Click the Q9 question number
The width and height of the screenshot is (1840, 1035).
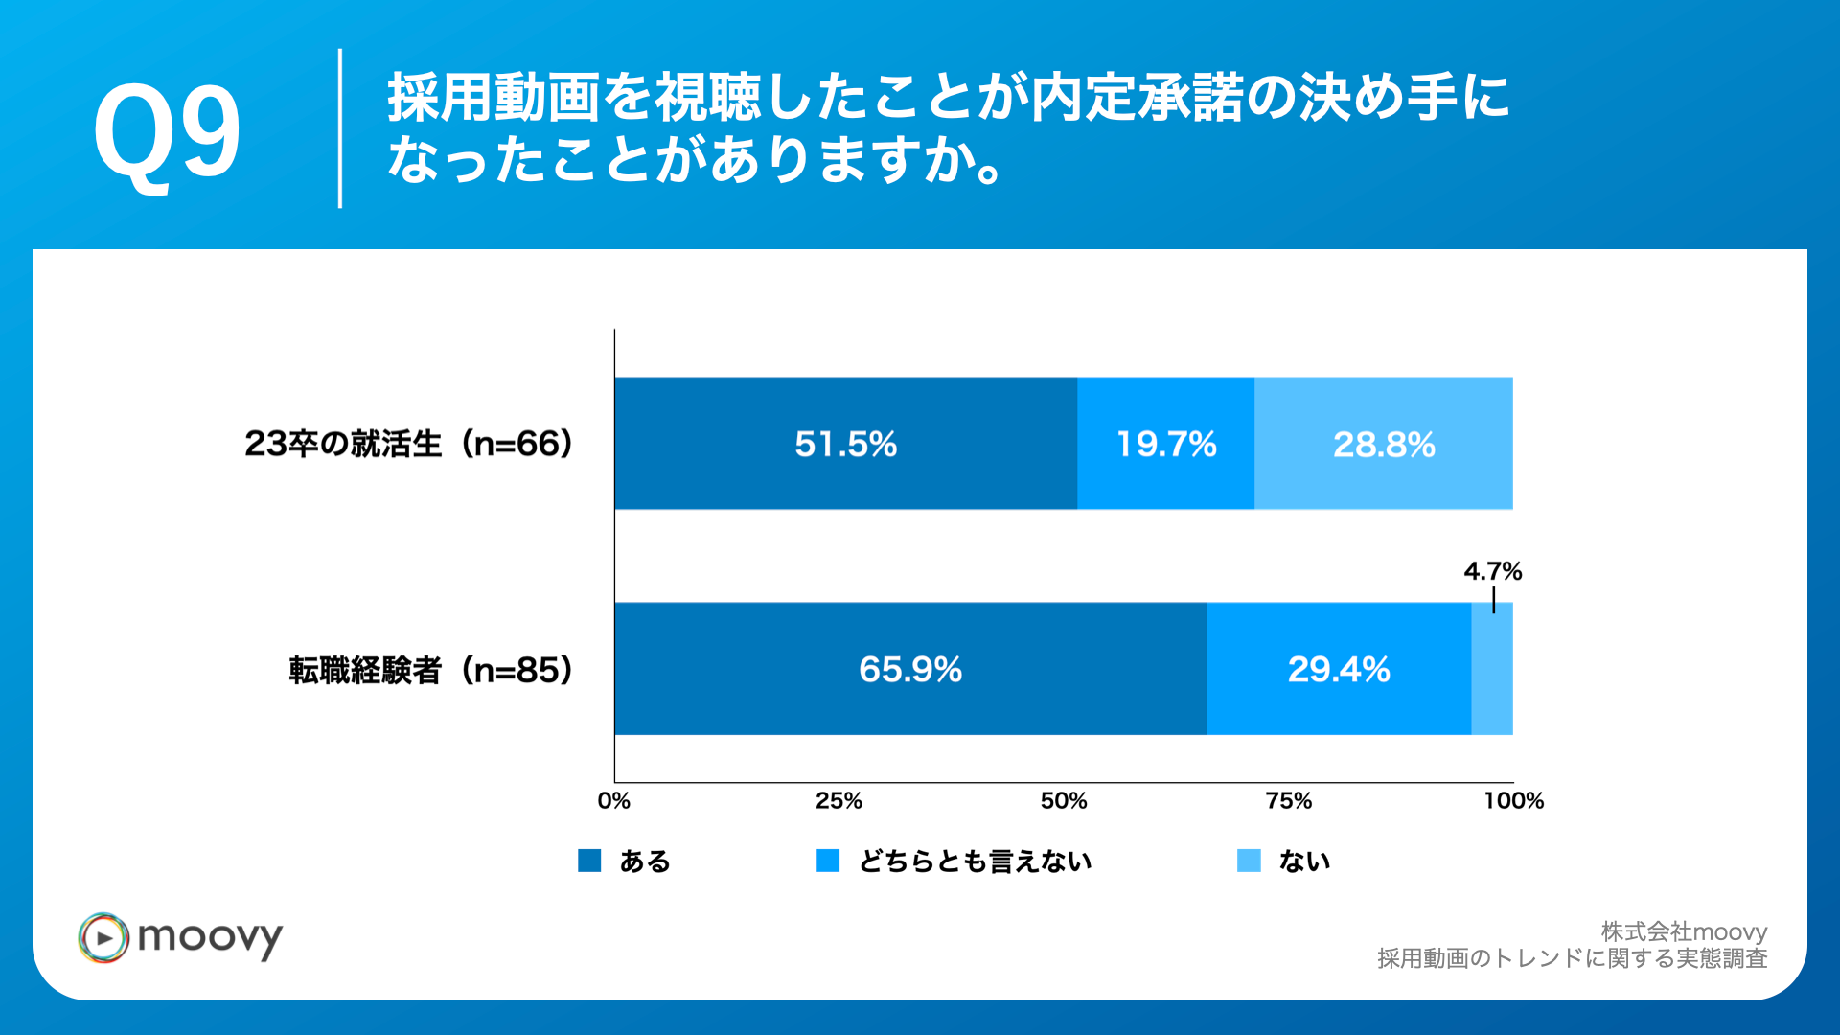click(167, 131)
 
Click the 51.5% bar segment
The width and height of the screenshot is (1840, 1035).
click(845, 444)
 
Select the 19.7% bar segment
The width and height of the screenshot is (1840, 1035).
click(1165, 444)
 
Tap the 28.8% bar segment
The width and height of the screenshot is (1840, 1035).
click(1383, 444)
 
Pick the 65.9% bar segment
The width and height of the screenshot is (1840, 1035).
click(909, 669)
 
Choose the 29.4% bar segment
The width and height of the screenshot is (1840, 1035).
click(1338, 669)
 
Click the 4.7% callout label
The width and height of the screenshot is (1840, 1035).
click(1492, 571)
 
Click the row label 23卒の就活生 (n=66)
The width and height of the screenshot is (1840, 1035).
click(409, 444)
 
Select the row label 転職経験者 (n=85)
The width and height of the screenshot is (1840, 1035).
click(431, 670)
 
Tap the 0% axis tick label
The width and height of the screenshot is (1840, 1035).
click(613, 801)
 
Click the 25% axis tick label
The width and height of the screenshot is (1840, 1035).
click(839, 801)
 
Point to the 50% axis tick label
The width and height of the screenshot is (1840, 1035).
click(1064, 801)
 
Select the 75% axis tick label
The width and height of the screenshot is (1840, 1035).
click(1288, 801)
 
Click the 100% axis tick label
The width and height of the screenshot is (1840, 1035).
click(1513, 801)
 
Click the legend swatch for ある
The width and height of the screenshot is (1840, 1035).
click(589, 861)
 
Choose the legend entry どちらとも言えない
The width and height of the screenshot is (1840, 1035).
click(975, 862)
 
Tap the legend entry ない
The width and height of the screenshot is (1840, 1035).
click(1304, 862)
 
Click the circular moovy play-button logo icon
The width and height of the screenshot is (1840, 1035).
click(103, 937)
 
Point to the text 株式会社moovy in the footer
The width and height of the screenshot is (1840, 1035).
click(1684, 931)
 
